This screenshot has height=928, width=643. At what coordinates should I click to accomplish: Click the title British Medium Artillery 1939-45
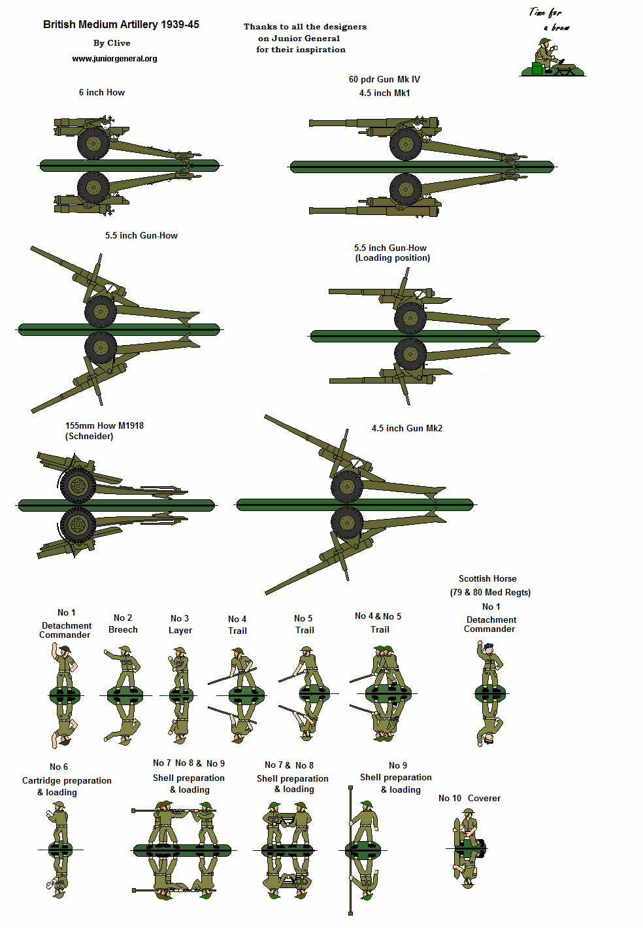click(121, 24)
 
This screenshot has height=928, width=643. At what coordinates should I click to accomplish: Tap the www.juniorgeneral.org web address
click(114, 59)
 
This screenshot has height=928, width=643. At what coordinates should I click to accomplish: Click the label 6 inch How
click(101, 93)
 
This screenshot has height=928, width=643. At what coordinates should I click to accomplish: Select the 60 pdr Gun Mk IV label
click(384, 79)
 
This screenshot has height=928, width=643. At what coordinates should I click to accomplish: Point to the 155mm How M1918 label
click(104, 425)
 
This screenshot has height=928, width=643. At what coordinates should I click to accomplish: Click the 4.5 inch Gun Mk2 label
click(406, 428)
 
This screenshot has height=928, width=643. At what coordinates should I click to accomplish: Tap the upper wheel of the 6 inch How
click(93, 143)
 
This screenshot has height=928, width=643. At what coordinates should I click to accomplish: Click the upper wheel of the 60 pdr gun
click(406, 144)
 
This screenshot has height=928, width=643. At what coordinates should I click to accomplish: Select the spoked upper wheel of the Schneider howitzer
click(78, 485)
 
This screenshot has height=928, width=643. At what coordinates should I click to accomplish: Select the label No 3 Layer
click(180, 624)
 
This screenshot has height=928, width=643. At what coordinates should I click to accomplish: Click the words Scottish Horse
click(487, 578)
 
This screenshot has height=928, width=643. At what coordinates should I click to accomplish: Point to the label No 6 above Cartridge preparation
click(58, 767)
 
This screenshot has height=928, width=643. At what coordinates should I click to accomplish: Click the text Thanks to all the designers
click(305, 27)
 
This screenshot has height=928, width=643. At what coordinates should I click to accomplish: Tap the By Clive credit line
click(112, 43)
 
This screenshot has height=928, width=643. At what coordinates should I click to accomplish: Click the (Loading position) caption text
click(392, 258)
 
